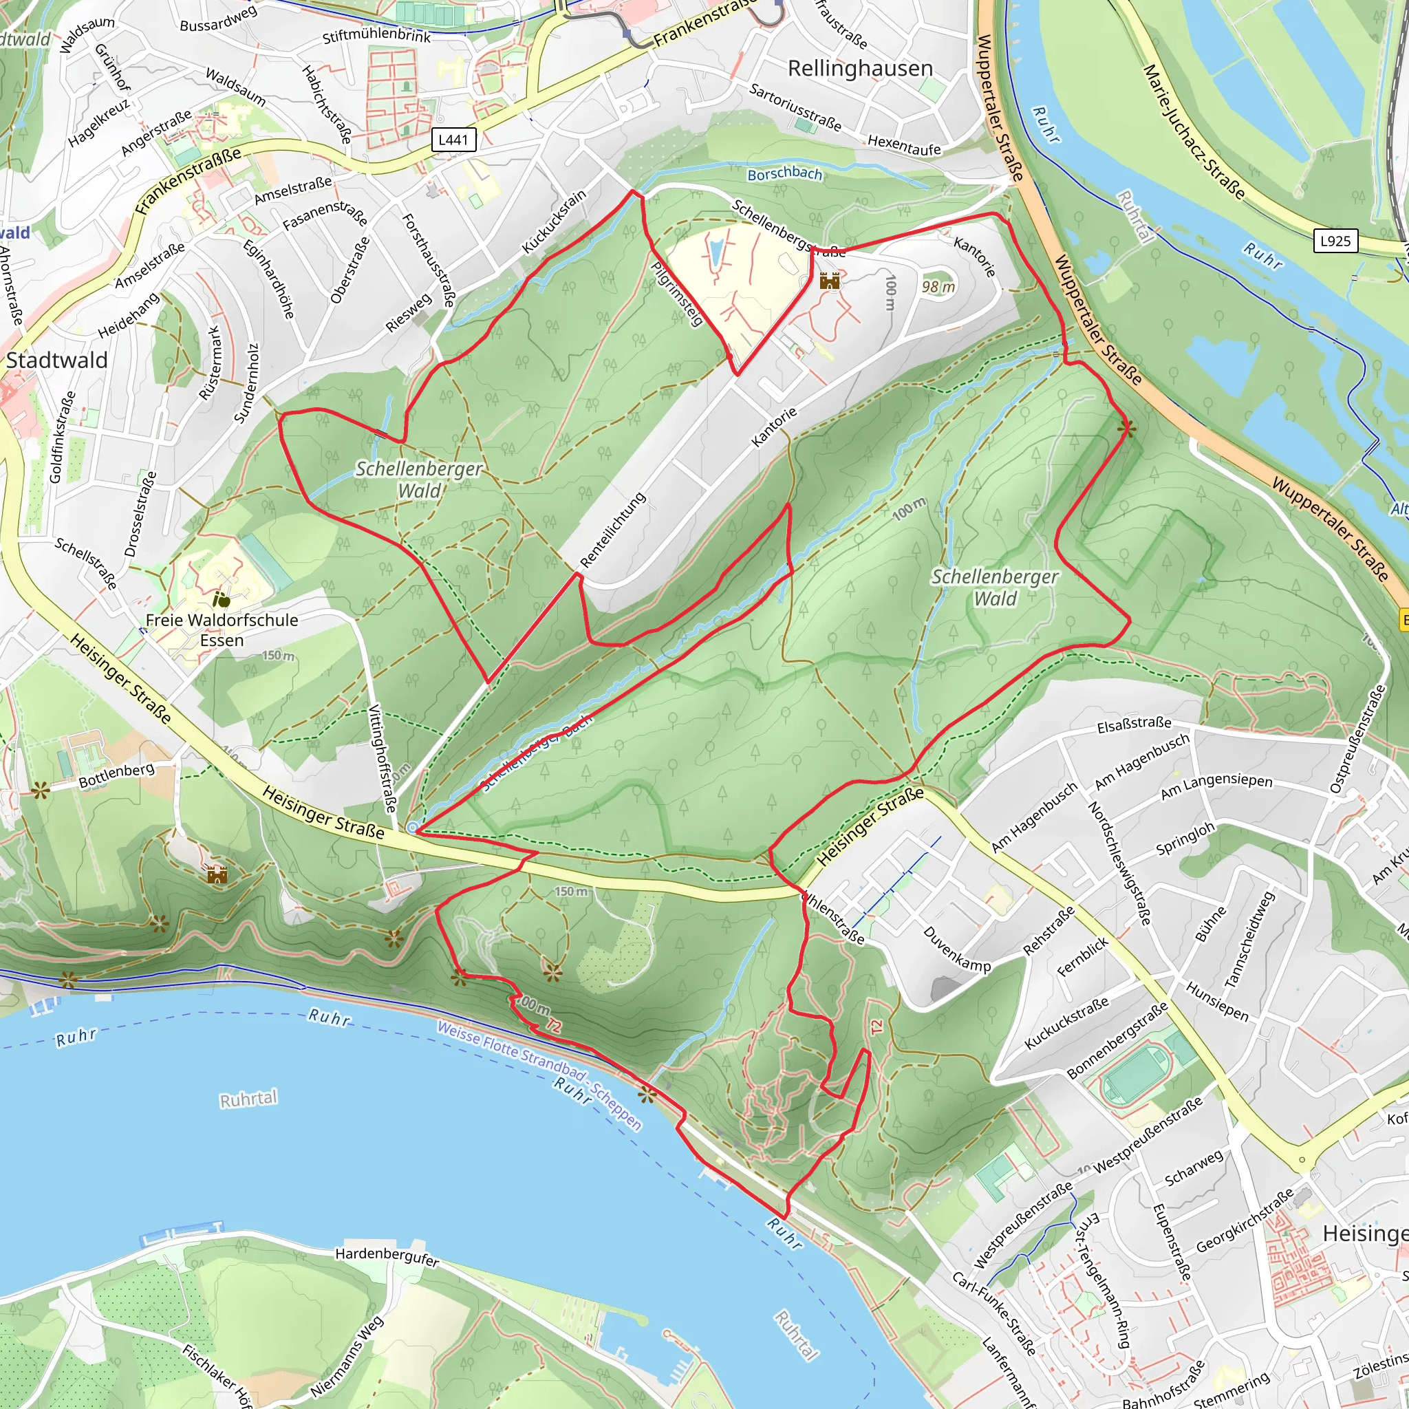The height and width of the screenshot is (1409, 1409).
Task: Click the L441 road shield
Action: coord(453,139)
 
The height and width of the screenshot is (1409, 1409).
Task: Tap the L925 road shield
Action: coord(1335,241)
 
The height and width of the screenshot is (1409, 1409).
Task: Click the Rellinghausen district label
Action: coord(860,69)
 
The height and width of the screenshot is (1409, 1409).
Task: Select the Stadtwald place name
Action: coord(57,361)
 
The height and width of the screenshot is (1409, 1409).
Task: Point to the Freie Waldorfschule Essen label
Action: coord(222,630)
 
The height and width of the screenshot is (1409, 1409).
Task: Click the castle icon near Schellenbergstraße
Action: coord(829,281)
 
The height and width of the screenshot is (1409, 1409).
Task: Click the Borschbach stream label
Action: coord(784,174)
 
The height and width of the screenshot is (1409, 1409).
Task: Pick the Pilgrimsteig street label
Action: coord(677,294)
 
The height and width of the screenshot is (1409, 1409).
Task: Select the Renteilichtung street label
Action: coord(612,530)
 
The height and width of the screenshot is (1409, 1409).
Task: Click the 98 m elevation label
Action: coord(938,287)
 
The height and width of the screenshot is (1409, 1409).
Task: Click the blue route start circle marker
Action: coord(413,827)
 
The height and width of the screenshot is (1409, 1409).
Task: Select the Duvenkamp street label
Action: coord(957,949)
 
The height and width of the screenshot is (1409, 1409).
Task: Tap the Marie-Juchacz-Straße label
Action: coord(1193,131)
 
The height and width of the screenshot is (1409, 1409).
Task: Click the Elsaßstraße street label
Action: coord(1134,724)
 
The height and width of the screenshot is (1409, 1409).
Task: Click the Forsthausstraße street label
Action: coord(429,259)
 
